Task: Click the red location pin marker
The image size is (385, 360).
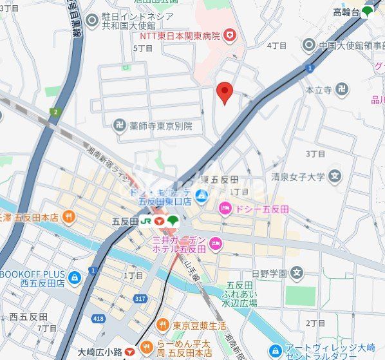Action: click(224, 91)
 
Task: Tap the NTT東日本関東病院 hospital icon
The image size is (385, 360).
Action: click(230, 37)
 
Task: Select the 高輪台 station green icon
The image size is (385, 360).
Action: click(367, 11)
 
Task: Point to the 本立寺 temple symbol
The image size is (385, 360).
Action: click(342, 90)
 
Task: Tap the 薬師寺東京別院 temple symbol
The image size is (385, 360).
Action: click(119, 126)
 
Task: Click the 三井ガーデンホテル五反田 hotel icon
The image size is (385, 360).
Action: click(216, 244)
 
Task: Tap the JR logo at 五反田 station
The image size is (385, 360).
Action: click(147, 221)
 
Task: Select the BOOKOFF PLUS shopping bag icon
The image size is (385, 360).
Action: click(75, 278)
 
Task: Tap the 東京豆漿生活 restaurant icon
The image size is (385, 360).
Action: click(163, 325)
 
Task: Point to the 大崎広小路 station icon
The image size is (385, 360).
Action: click(129, 352)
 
